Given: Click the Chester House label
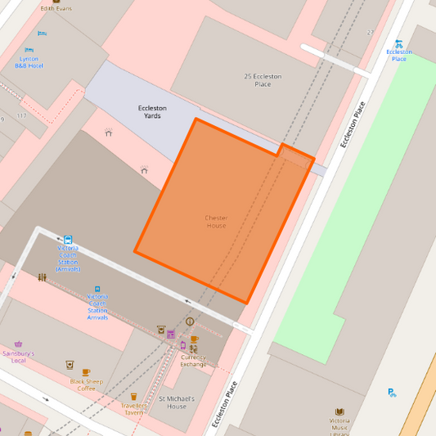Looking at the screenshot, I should (216, 221).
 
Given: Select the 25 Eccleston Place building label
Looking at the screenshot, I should (263, 79).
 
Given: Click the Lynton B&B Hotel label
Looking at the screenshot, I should (30, 62).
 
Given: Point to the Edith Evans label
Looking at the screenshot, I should (56, 8).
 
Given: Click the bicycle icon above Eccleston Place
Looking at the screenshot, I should (398, 43).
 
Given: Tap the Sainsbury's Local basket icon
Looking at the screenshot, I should (19, 344).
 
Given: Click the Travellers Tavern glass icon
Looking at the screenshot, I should (133, 397).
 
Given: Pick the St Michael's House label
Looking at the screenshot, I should (178, 402).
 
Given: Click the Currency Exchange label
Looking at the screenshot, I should (194, 360).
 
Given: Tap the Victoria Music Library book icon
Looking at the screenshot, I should (340, 412).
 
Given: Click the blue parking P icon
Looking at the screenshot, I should (392, 392).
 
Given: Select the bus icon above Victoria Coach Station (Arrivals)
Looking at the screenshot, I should (67, 240).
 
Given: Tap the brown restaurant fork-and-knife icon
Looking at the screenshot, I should (42, 277).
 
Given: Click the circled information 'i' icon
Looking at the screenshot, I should (190, 321).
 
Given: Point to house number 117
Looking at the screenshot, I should (21, 115).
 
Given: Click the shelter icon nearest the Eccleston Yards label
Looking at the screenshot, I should (108, 132).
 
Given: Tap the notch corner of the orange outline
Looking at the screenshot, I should (281, 145).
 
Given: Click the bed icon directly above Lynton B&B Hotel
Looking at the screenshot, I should (30, 50).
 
